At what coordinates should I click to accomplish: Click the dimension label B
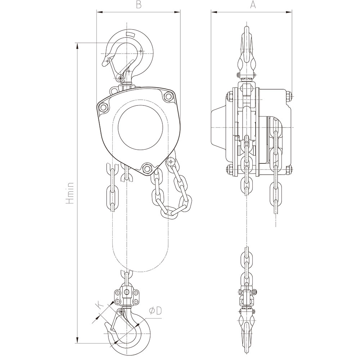[138, 5]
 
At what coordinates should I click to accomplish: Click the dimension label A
[253, 5]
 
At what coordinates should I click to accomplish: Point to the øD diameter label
[155, 311]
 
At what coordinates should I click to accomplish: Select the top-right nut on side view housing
[288, 96]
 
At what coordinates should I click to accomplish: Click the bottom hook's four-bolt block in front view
[126, 296]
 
